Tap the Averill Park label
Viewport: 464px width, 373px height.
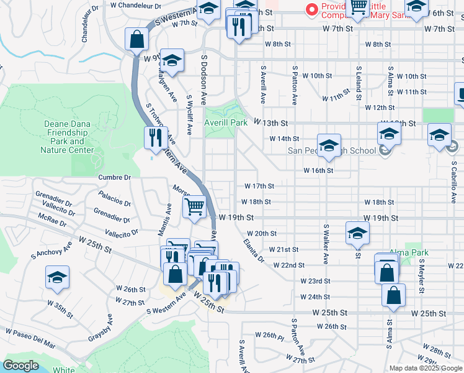tap(226, 122)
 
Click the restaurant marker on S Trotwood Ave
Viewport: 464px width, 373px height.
tap(156, 137)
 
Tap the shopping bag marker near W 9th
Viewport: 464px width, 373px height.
tap(136, 40)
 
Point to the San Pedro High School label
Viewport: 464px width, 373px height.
tap(332, 150)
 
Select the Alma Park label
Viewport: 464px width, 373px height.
tap(405, 254)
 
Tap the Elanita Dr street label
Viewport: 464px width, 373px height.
tap(253, 250)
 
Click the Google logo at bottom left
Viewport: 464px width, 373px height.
tap(20, 366)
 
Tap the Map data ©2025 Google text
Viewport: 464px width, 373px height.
tap(426, 368)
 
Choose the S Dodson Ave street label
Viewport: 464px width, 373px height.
tap(203, 78)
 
